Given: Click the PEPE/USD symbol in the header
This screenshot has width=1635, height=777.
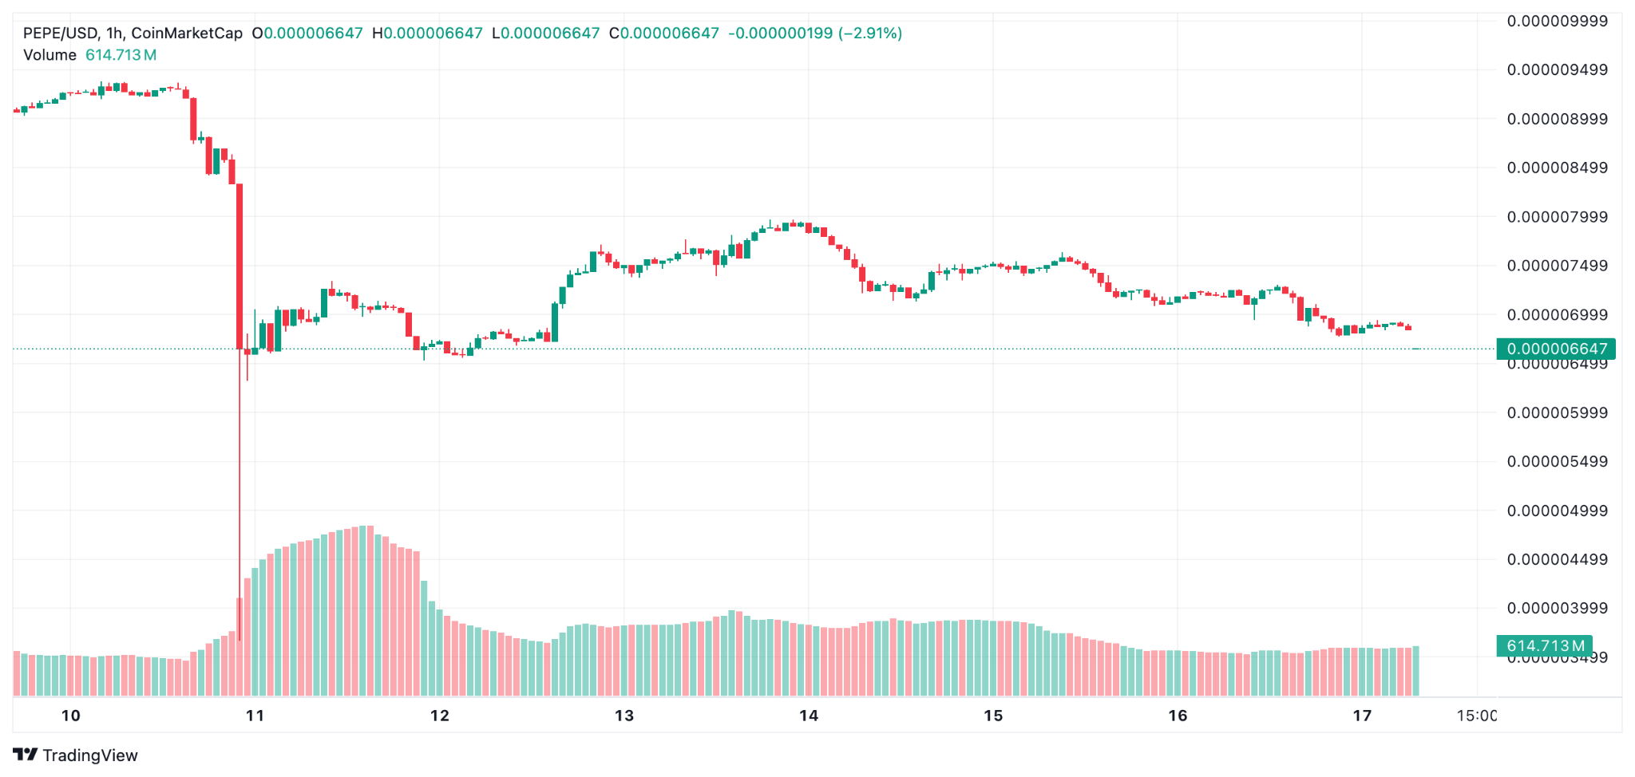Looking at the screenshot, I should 60,34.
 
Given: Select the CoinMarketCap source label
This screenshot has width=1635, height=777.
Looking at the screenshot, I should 186,34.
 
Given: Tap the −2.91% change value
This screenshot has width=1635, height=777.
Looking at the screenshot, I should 870,34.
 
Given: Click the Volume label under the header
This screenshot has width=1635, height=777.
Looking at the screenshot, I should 49,55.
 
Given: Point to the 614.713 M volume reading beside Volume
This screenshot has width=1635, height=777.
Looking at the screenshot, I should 121,55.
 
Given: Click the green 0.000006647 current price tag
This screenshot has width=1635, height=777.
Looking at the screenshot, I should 1556,349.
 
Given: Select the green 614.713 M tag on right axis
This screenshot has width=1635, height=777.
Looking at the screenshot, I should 1544,646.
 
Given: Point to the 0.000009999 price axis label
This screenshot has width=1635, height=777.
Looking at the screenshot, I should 1557,21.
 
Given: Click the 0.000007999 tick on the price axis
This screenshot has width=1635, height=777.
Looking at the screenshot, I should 1557,217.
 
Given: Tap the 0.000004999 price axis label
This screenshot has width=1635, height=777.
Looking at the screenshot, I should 1557,511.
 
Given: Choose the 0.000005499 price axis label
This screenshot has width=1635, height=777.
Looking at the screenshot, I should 1557,462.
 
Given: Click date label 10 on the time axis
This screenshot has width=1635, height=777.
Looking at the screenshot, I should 71,716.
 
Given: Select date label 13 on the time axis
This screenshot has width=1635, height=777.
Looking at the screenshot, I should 624,716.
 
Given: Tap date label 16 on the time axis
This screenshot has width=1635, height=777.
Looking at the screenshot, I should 1178,716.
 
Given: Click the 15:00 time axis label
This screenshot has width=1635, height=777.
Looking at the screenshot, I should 1476,716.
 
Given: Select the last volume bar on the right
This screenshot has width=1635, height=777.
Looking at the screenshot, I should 1415,671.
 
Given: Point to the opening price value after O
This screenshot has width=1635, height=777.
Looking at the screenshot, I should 313,34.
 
